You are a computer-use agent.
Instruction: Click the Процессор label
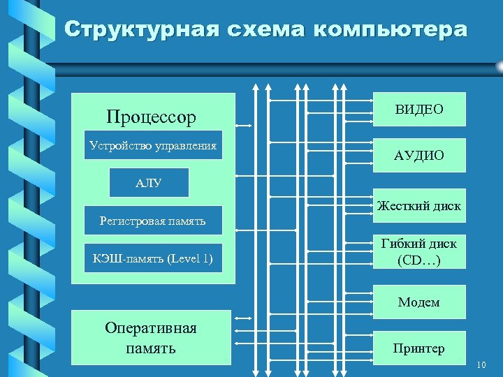pos(151,117)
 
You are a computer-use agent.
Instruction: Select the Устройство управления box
pos(153,145)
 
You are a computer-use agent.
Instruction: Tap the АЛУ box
pos(149,184)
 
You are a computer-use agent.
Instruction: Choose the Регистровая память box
pos(153,221)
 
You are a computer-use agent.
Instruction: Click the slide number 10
pos(481,365)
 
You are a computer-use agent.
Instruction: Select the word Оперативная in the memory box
pos(151,328)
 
